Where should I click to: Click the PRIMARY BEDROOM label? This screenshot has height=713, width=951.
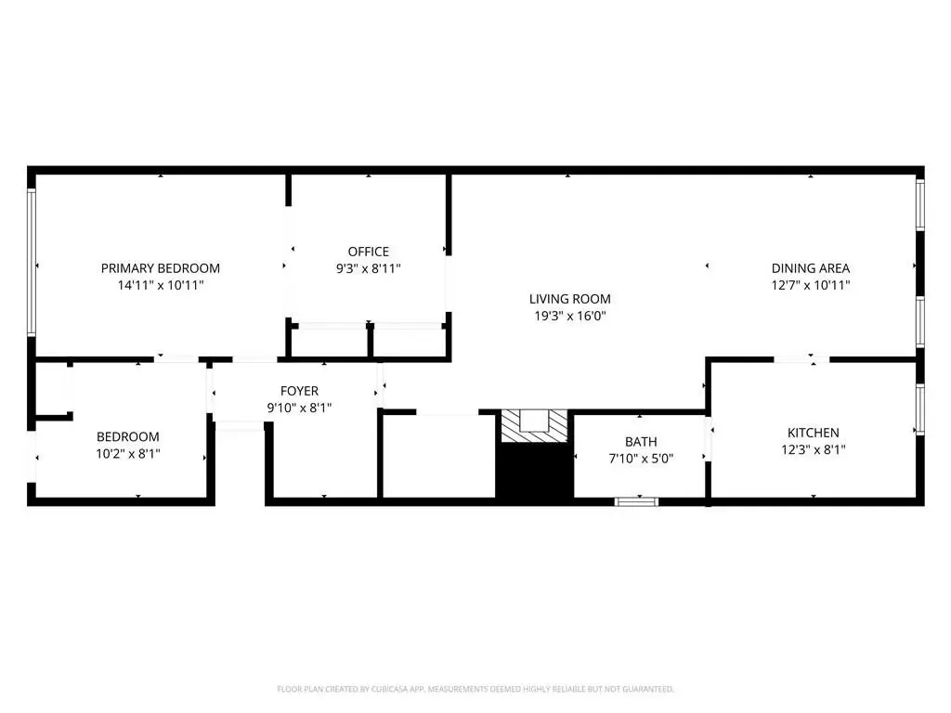point(160,268)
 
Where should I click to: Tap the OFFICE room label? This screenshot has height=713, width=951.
point(368,252)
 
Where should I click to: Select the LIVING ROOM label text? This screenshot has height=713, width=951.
point(569,299)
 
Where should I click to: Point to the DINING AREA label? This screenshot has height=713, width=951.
point(810,268)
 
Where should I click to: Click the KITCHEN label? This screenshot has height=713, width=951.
point(813,433)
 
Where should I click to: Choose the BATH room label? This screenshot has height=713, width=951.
point(641,442)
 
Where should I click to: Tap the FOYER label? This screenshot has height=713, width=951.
point(299,391)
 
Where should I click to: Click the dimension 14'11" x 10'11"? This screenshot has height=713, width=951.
point(160,285)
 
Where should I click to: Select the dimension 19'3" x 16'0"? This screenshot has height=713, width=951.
point(569,316)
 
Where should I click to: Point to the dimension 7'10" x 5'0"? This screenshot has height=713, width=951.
point(641,459)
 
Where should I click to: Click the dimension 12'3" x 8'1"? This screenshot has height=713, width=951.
point(813,450)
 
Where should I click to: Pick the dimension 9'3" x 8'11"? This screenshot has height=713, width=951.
point(368,268)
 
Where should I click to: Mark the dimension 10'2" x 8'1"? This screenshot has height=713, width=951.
point(127,453)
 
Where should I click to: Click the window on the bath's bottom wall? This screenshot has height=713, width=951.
point(636,501)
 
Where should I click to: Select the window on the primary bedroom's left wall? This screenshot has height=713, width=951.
point(32,262)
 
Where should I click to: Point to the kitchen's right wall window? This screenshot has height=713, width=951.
point(920,409)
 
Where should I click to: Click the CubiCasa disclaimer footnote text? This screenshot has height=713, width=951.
point(475,689)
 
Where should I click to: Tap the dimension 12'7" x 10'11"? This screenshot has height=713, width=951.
point(810,285)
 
